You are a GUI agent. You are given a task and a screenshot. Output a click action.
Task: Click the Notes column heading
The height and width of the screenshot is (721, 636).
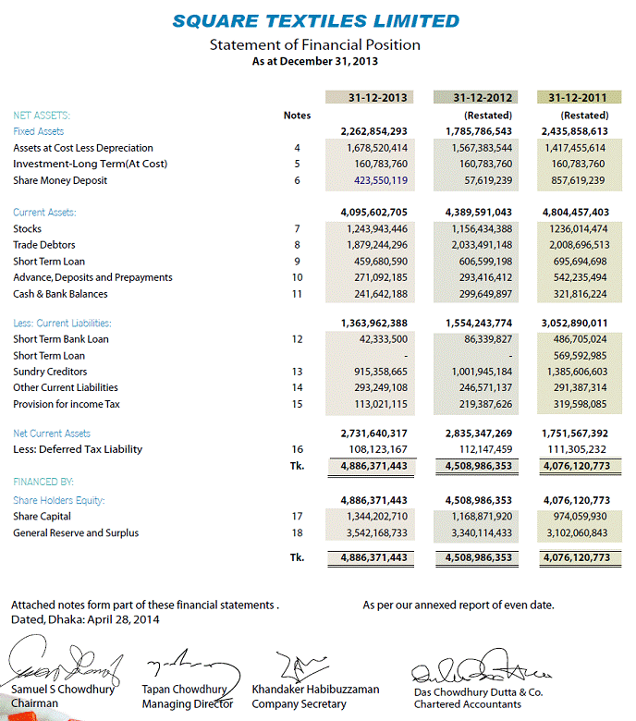coord(297,116)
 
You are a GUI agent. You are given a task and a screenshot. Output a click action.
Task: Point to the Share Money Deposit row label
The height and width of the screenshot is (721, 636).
coord(60,181)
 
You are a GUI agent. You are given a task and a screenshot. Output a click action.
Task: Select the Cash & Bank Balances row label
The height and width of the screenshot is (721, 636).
coord(60,294)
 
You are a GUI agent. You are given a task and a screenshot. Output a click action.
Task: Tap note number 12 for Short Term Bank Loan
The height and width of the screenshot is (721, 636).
coord(297,339)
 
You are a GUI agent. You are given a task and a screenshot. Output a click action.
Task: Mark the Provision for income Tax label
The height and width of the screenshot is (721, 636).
coord(67,405)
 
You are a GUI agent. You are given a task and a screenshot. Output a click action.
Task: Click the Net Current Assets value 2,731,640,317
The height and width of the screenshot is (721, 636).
coord(374,434)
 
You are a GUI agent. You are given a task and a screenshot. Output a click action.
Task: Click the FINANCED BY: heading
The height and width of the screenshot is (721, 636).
coord(43,483)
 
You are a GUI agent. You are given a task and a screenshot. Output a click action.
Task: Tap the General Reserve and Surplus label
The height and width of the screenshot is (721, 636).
coord(76,533)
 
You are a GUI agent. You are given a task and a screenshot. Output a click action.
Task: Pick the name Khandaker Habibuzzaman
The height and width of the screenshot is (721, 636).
coord(315,690)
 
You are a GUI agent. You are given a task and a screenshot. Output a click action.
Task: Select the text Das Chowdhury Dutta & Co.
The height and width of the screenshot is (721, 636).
coord(478,691)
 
